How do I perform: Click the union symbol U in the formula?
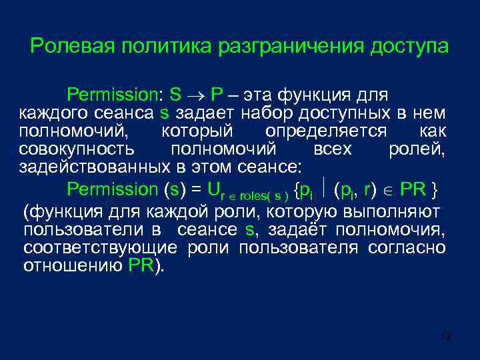pos(213,189)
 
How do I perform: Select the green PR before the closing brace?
pos(413,189)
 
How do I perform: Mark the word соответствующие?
pos(100,249)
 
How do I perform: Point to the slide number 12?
pos(447,337)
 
